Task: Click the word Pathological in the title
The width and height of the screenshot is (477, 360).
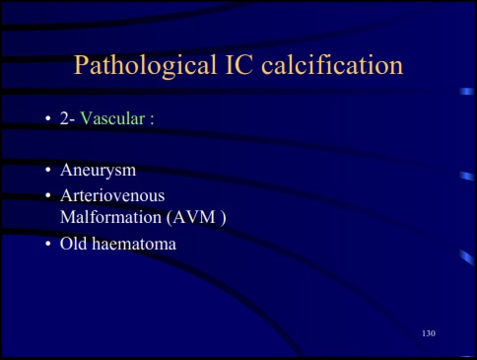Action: pyautogui.click(x=139, y=67)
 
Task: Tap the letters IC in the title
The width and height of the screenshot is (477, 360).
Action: pyautogui.click(x=232, y=67)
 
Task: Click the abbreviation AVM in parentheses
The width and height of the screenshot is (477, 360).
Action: pyautogui.click(x=194, y=217)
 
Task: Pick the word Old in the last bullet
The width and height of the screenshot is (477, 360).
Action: pyautogui.click(x=74, y=243)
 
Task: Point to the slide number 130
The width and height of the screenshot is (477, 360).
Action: pyautogui.click(x=428, y=333)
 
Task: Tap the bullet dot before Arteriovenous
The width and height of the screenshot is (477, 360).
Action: pyautogui.click(x=46, y=196)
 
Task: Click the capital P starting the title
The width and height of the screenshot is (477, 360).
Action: pyautogui.click(x=83, y=67)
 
